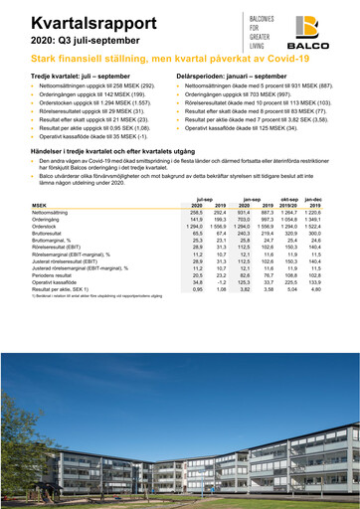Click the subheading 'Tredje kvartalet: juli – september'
pyautogui.click(x=81, y=76)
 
